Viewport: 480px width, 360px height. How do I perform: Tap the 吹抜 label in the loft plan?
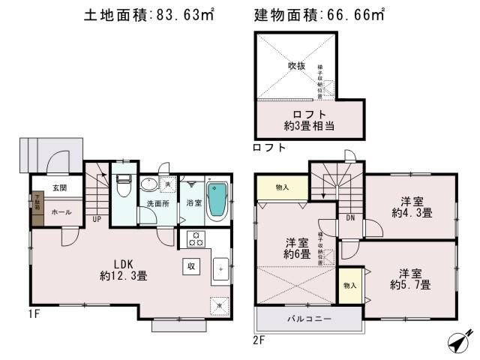point(297,66)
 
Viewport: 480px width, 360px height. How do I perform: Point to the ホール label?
point(61,212)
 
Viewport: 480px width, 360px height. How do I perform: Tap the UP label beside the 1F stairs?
point(97,219)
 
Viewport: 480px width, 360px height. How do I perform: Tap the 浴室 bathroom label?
point(193,202)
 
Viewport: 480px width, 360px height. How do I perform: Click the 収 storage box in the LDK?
point(191,266)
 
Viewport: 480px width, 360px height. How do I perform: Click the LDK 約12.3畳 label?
point(122,270)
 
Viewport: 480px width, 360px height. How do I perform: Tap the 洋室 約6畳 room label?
point(297,248)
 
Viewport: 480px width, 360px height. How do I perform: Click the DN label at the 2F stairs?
point(349,217)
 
